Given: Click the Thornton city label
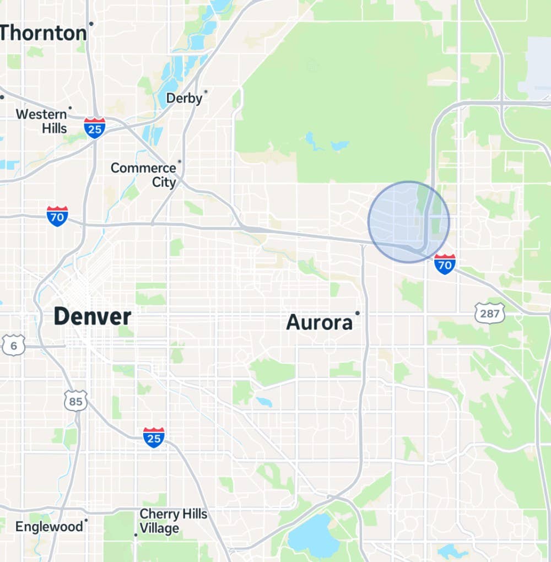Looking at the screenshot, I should tap(43, 33).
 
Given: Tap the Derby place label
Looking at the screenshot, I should tap(185, 99).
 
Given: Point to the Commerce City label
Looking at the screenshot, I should tap(143, 175).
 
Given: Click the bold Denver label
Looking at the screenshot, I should tap(93, 317).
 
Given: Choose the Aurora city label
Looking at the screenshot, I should tap(320, 322).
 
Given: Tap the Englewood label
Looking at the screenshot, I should tap(48, 527).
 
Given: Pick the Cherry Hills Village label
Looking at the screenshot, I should tap(173, 521).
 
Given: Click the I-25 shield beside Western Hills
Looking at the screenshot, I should tap(95, 128).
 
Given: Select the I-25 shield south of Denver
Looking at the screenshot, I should tap(153, 437).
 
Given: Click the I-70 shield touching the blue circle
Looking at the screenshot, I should tap(445, 264).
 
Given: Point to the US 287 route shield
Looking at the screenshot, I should tap(489, 314).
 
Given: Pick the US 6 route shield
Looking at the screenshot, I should tap(13, 345).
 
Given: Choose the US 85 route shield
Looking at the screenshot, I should tap(75, 401).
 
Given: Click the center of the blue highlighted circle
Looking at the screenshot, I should tap(409, 222).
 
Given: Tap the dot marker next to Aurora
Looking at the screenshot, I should tap(358, 313).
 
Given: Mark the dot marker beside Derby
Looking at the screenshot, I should tap(206, 91).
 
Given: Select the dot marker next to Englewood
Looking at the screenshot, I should tap(87, 519).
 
